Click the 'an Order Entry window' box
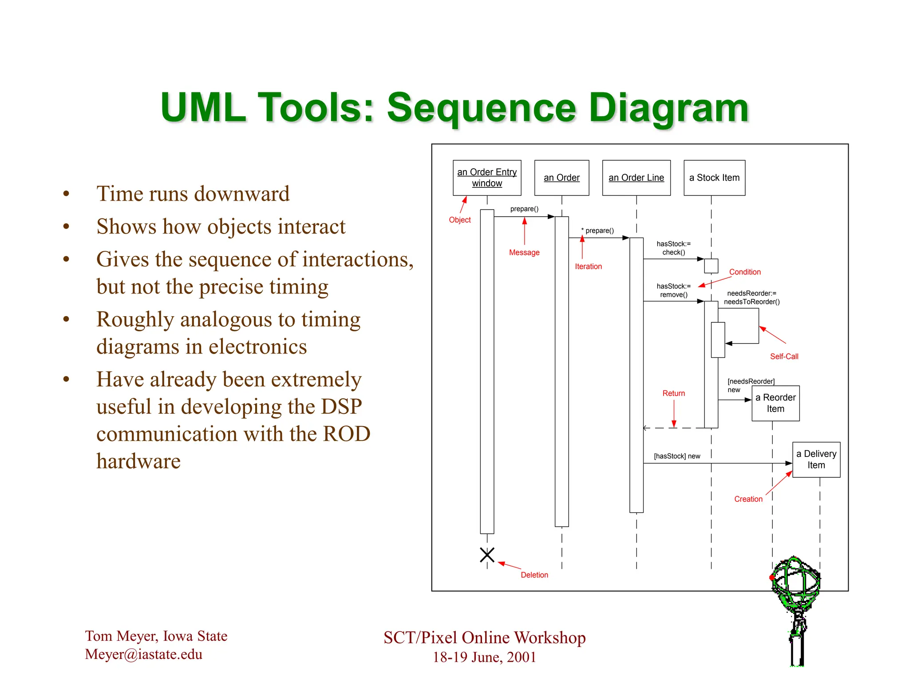[487, 178]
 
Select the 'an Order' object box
[561, 178]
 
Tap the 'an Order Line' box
[636, 178]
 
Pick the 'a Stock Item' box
[714, 178]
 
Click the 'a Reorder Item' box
[775, 403]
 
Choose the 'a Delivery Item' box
[816, 460]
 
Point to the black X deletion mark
[487, 555]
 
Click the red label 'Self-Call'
[784, 357]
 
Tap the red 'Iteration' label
[588, 266]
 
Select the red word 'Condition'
[745, 272]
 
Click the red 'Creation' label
[748, 499]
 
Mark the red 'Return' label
[673, 393]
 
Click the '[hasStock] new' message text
[677, 456]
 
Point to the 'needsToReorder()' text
[751, 302]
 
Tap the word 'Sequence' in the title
[482, 108]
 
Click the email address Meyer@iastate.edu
[143, 654]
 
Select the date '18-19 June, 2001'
[484, 657]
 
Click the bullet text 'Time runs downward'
[193, 194]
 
